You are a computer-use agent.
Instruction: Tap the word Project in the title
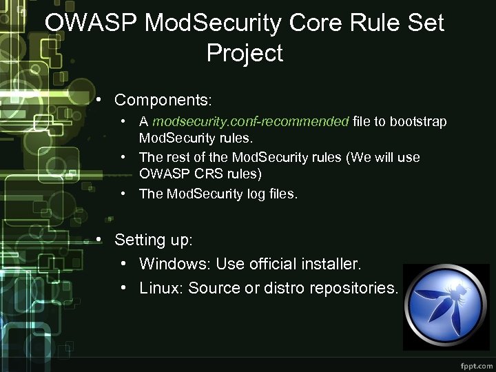pyautogui.click(x=245, y=53)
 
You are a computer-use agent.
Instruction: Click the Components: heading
pyautogui.click(x=163, y=100)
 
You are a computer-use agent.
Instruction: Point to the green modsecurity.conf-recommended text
pyautogui.click(x=251, y=122)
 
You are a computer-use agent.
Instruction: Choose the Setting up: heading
pyautogui.click(x=154, y=240)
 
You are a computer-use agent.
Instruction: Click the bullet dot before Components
pyautogui.click(x=100, y=100)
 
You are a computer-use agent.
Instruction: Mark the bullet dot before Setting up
pyautogui.click(x=100, y=240)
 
